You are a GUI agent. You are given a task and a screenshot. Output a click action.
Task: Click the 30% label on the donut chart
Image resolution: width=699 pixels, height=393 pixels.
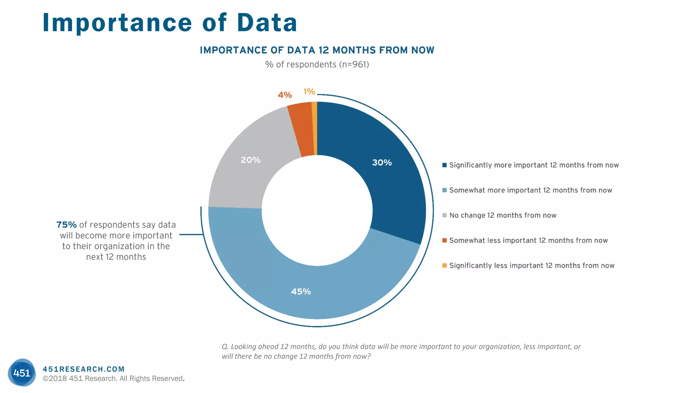[382, 163]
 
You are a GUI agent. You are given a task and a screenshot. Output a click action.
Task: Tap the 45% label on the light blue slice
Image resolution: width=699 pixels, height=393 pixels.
[301, 292]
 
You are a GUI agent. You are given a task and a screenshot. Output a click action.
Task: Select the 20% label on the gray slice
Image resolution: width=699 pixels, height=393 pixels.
[251, 160]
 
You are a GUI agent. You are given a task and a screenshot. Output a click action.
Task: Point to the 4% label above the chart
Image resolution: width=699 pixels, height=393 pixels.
[285, 95]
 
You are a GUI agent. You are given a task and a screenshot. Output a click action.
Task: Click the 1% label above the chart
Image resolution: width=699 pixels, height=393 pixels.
[309, 91]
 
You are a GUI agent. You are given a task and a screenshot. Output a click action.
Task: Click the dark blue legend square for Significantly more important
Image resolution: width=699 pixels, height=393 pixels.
[444, 165]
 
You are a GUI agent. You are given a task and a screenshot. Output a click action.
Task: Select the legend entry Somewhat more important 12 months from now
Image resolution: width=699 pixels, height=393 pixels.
[530, 190]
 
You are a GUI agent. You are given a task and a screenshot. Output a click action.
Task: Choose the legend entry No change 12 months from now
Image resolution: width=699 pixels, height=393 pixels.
[502, 215]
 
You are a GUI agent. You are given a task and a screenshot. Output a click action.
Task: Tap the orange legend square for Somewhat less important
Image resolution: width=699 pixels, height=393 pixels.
[444, 241]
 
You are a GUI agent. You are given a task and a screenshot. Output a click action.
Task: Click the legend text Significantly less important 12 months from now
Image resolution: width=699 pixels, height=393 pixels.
[531, 265]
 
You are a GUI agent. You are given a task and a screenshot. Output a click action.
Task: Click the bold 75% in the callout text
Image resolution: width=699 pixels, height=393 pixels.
[66, 225]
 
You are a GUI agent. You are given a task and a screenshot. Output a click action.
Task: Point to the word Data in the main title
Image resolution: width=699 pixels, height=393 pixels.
[267, 23]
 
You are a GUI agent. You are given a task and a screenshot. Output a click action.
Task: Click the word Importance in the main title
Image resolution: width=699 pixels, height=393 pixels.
[117, 23]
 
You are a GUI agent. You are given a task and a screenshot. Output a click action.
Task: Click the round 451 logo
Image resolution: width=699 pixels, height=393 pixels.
[22, 373]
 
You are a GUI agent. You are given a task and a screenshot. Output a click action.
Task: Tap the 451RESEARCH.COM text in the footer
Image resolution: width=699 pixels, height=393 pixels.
[84, 369]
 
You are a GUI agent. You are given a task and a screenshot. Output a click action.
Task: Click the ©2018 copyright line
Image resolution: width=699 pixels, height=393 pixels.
[113, 379]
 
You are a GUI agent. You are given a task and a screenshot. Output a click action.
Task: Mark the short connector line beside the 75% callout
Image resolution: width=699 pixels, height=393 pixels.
[191, 234]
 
